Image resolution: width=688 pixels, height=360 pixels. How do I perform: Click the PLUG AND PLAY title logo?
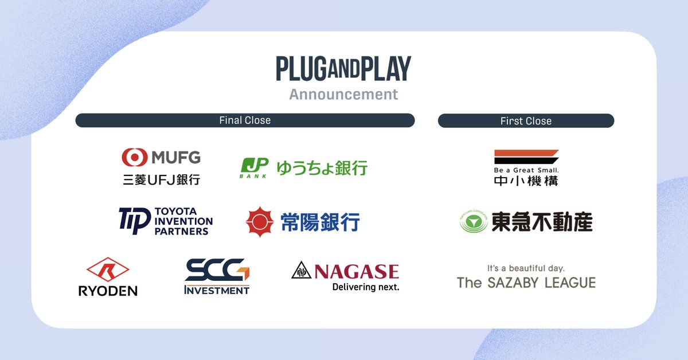[x=343, y=69]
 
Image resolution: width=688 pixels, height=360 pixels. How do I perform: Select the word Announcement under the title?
[x=343, y=94]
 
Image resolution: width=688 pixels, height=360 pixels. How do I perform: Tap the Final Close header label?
[x=245, y=120]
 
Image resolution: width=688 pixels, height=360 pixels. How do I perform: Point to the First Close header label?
[x=526, y=121]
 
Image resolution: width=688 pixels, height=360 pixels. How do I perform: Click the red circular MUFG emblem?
[x=134, y=157]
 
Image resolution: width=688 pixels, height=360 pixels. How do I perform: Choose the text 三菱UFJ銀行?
[x=161, y=179]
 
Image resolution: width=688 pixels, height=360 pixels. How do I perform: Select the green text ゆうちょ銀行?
[x=322, y=168]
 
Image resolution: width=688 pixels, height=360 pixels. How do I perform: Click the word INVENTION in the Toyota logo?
[x=183, y=221]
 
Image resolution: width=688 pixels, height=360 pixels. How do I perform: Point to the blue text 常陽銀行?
[x=320, y=222]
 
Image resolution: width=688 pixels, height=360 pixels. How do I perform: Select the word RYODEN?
[x=108, y=291]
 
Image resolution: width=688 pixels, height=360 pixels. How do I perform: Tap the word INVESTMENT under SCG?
[x=217, y=290]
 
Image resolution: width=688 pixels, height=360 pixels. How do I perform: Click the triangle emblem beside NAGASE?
[x=300, y=270]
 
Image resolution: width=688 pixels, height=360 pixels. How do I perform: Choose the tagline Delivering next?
[x=365, y=287]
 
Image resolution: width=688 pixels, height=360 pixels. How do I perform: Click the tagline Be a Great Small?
[x=526, y=170]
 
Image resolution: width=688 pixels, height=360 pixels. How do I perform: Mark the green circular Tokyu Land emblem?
[x=473, y=222]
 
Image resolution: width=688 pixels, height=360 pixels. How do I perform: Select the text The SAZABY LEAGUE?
[x=526, y=282]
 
